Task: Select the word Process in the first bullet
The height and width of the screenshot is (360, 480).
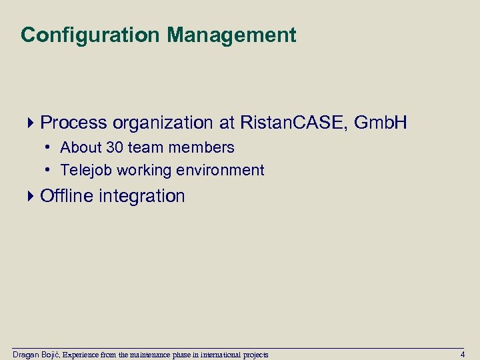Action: (73, 123)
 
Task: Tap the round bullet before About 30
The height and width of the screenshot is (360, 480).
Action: (50, 147)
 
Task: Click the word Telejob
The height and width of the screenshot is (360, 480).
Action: (87, 171)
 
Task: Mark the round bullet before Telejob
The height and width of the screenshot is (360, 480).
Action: (50, 170)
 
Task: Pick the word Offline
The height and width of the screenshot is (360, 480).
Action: (67, 196)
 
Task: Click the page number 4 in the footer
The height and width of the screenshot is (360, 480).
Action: (463, 354)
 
